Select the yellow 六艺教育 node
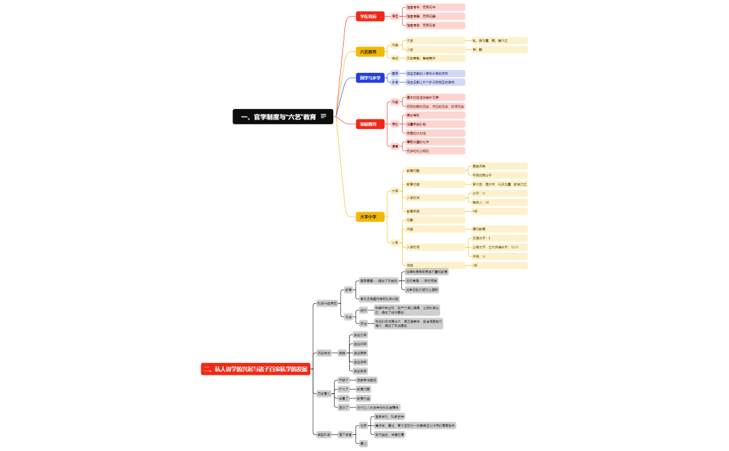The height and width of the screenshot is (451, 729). [368, 52]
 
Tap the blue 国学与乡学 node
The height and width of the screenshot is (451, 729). [369, 78]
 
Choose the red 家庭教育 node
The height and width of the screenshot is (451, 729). [368, 124]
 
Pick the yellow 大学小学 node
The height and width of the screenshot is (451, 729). [368, 216]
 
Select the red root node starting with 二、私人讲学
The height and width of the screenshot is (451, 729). [255, 369]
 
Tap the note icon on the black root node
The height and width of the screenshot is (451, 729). [323, 117]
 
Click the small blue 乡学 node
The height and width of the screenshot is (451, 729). [395, 82]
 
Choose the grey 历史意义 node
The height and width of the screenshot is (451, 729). [324, 393]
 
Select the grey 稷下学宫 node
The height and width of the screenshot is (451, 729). [345, 434]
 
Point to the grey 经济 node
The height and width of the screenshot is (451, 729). [364, 310]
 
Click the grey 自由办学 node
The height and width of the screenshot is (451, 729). [360, 335]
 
